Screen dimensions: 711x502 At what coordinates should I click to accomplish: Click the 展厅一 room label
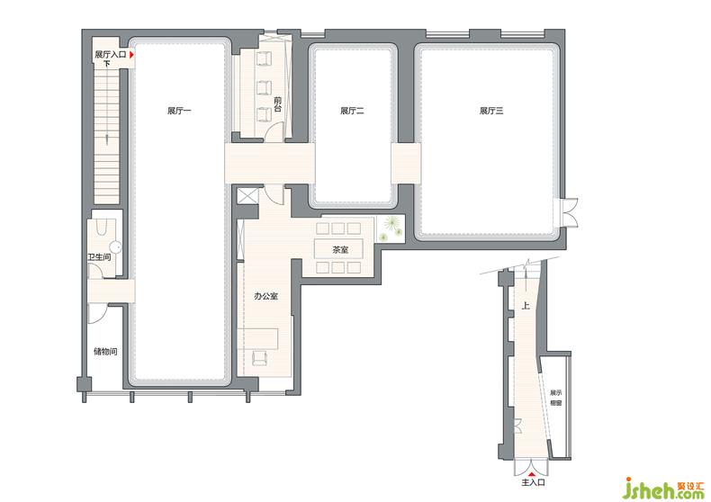[179, 111]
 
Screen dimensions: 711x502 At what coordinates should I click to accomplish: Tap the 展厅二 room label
[352, 111]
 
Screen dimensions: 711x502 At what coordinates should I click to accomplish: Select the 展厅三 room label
[491, 111]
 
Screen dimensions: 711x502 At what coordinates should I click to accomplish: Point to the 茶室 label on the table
[340, 249]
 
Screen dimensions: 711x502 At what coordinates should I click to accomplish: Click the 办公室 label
[265, 296]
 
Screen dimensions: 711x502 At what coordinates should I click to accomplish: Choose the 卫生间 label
[99, 257]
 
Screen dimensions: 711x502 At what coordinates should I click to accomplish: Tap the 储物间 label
[105, 351]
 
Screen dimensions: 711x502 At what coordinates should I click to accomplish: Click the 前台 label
[277, 104]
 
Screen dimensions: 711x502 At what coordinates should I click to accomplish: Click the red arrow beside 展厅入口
[132, 55]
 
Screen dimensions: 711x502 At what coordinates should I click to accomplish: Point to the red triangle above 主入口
[532, 473]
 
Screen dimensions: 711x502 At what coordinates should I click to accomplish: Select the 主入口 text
[533, 482]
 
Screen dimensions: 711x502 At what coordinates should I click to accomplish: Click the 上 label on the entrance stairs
[525, 306]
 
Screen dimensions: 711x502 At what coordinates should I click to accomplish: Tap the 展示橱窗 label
[555, 398]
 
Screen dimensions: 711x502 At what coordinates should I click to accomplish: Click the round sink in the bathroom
[116, 247]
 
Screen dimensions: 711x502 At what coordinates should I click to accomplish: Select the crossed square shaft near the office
[247, 196]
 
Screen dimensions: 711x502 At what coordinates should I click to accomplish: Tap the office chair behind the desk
[260, 357]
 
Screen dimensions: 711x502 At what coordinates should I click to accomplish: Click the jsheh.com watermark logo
[663, 489]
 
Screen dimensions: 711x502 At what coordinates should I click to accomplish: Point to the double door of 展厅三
[570, 212]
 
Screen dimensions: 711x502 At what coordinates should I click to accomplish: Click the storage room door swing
[97, 313]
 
